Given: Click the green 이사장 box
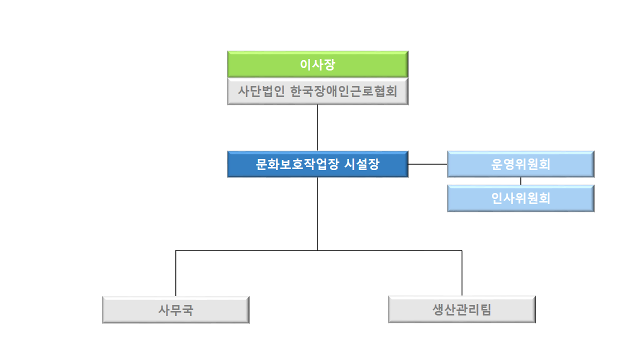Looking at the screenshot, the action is (x=317, y=64).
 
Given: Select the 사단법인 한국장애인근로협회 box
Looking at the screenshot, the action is (x=317, y=91).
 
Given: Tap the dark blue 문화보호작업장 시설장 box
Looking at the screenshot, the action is (x=317, y=164).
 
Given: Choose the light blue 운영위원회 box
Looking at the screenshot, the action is (x=520, y=164).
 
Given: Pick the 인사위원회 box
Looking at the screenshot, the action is (x=520, y=198).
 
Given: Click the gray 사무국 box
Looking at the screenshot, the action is (x=175, y=310).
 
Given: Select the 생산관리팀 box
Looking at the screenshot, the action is (x=462, y=309).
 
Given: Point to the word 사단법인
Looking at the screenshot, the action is (x=261, y=91).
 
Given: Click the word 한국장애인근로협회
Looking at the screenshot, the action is (x=343, y=91).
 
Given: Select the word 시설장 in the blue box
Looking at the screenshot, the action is (x=361, y=164).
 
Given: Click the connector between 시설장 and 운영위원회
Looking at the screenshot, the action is (x=427, y=164).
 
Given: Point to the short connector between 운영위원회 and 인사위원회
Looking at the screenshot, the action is (x=520, y=181).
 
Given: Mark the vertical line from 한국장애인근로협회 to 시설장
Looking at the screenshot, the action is (x=317, y=128).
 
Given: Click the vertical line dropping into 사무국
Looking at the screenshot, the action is (x=175, y=273).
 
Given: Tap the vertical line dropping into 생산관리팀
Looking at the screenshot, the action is (x=462, y=273).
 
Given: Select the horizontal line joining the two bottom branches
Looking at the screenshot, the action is (x=319, y=250).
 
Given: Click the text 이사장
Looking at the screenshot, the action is (x=317, y=64).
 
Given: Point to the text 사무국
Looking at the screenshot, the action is (x=175, y=310).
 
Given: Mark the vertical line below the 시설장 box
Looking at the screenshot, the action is (x=317, y=214).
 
